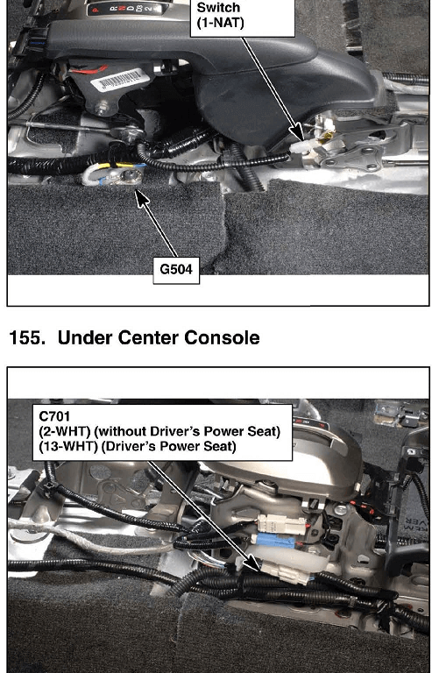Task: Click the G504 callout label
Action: tap(176, 270)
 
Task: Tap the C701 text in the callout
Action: tap(54, 416)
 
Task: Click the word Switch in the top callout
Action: tap(218, 8)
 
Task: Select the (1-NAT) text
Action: tap(220, 23)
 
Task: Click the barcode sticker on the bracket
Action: tap(120, 80)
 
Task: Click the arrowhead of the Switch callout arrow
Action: tap(297, 133)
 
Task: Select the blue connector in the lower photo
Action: tap(276, 540)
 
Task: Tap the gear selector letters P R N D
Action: tap(124, 9)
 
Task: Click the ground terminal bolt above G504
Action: tap(127, 175)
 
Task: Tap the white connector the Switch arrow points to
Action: tap(301, 148)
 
